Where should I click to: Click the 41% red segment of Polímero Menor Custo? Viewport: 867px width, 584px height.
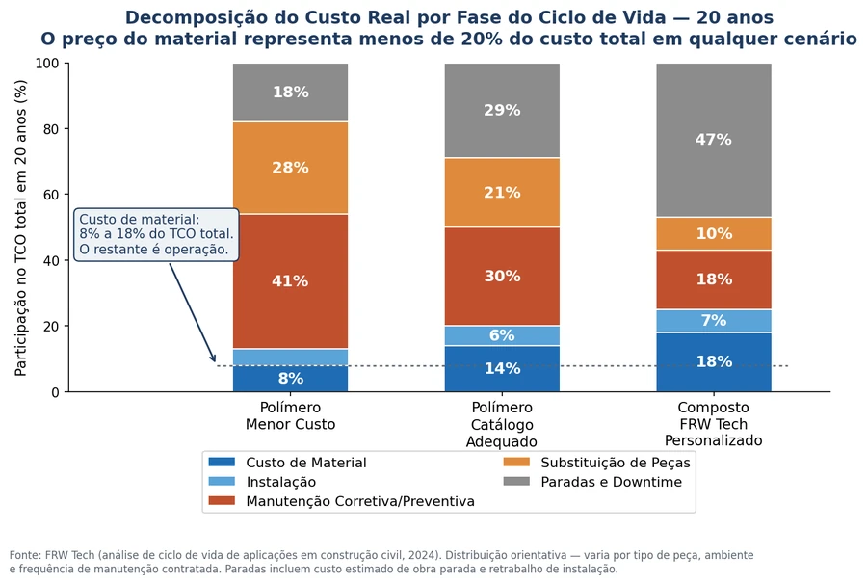click(290, 281)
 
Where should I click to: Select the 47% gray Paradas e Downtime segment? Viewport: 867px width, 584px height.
click(714, 140)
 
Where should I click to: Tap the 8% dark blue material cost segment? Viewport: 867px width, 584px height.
click(290, 379)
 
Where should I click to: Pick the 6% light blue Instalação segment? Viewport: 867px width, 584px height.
click(502, 335)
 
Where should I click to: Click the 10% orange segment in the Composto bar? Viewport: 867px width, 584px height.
click(714, 234)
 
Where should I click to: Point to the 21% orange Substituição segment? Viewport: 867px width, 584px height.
click(502, 193)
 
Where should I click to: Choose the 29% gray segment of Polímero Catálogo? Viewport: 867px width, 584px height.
click(502, 110)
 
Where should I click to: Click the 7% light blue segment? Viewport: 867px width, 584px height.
click(714, 321)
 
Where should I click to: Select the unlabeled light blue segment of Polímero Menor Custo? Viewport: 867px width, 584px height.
click(290, 358)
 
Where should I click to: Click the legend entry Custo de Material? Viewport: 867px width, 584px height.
click(287, 463)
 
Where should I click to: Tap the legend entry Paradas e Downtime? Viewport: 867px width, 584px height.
click(592, 482)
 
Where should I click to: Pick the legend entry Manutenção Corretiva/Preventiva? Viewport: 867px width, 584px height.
click(342, 501)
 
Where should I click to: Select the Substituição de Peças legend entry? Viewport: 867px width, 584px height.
click(597, 463)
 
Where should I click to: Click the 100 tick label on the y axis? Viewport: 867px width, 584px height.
click(47, 63)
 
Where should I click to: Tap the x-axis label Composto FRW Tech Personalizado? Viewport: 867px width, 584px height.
click(713, 424)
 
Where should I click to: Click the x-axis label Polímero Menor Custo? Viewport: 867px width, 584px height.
click(290, 415)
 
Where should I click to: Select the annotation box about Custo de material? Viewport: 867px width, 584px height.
click(156, 234)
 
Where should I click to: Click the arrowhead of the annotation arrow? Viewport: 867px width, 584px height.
click(214, 358)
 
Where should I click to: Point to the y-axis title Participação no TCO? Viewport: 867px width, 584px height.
click(20, 227)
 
